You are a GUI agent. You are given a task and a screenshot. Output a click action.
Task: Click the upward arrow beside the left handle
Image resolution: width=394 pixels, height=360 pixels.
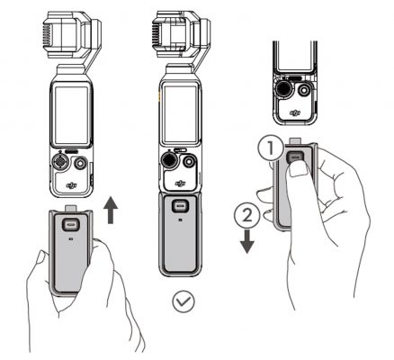click(111, 212)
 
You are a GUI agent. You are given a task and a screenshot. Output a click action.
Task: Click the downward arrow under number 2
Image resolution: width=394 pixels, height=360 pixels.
click(248, 238)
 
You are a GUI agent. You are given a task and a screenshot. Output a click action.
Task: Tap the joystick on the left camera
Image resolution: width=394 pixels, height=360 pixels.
click(59, 163)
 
